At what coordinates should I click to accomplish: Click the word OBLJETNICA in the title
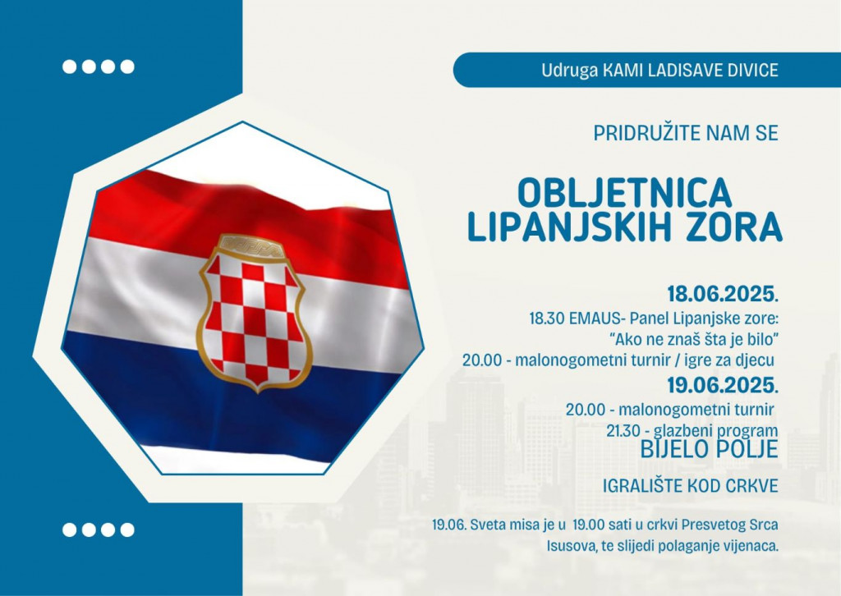point(625,193)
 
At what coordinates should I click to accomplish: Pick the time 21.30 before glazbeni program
point(623,430)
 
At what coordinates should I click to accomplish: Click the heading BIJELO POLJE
point(708,449)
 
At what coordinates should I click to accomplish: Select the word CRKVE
point(751,487)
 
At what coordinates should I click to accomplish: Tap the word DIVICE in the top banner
point(746,71)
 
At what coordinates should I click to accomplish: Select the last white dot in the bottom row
point(126,530)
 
